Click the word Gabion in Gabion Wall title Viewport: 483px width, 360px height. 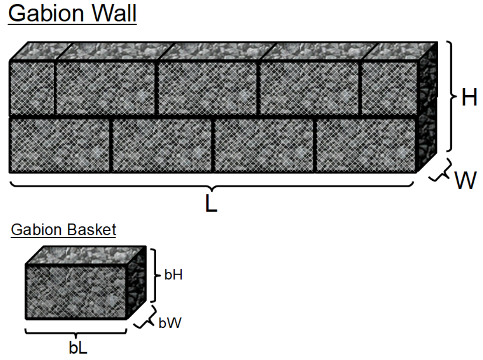46,13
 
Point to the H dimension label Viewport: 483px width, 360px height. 469,97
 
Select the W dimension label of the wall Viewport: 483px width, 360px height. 466,180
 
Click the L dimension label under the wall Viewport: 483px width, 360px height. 211,203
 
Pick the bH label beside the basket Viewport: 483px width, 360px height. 173,275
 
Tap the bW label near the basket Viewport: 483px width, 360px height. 170,323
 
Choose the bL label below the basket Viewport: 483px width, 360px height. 78,348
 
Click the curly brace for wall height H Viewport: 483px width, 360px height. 451,96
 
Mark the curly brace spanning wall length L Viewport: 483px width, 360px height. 211,185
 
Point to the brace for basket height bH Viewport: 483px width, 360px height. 155,275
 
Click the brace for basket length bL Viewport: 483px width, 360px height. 76,332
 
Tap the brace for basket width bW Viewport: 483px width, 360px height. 145,317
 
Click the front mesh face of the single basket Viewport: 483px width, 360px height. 76,292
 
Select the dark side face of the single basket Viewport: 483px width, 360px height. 136,282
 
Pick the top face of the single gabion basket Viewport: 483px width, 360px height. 85,255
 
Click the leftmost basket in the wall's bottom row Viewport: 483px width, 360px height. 60,144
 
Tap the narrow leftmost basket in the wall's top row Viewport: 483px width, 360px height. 32,88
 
